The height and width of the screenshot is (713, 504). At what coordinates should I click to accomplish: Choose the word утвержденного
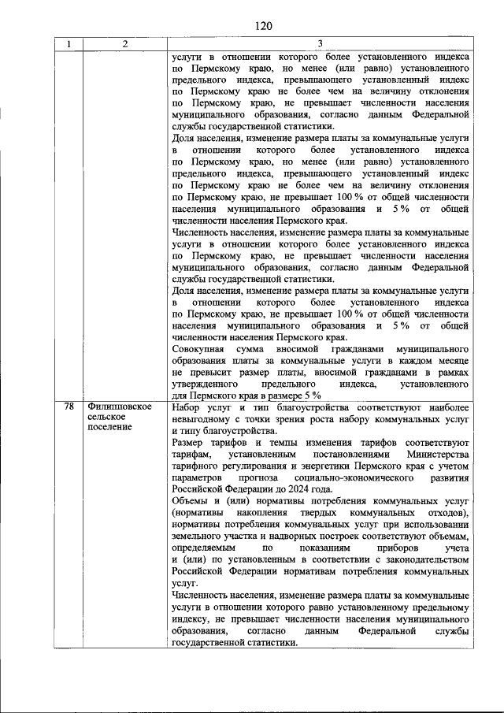point(206,384)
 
